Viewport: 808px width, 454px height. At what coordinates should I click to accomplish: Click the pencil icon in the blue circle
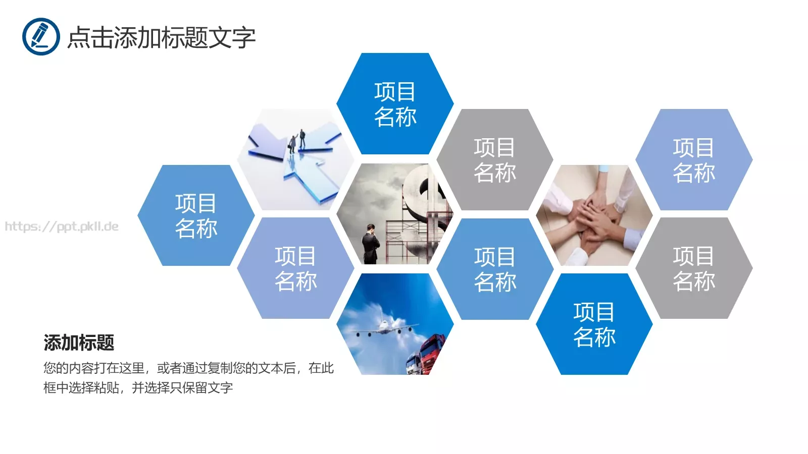40,36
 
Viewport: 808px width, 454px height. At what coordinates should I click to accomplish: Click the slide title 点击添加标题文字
161,37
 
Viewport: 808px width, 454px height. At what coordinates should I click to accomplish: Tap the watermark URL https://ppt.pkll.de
62,226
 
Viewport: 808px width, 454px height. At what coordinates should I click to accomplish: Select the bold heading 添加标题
79,343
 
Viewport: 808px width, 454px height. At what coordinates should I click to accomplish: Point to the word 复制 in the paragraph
220,368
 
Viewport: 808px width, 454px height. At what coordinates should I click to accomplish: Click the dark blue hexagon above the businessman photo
395,104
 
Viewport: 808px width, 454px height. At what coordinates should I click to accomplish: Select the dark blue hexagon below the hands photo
594,324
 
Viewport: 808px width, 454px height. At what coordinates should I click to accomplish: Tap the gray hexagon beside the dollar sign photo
494,160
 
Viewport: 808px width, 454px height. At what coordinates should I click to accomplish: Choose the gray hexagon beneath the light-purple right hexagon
693,268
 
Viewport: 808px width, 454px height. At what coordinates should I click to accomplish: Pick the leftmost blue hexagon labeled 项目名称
196,215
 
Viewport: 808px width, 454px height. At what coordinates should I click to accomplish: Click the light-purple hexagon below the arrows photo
295,268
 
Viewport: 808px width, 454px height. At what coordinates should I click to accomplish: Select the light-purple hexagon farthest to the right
693,160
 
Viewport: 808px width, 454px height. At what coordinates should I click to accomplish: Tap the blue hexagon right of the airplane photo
494,269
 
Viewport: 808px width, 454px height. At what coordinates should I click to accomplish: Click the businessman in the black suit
371,245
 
